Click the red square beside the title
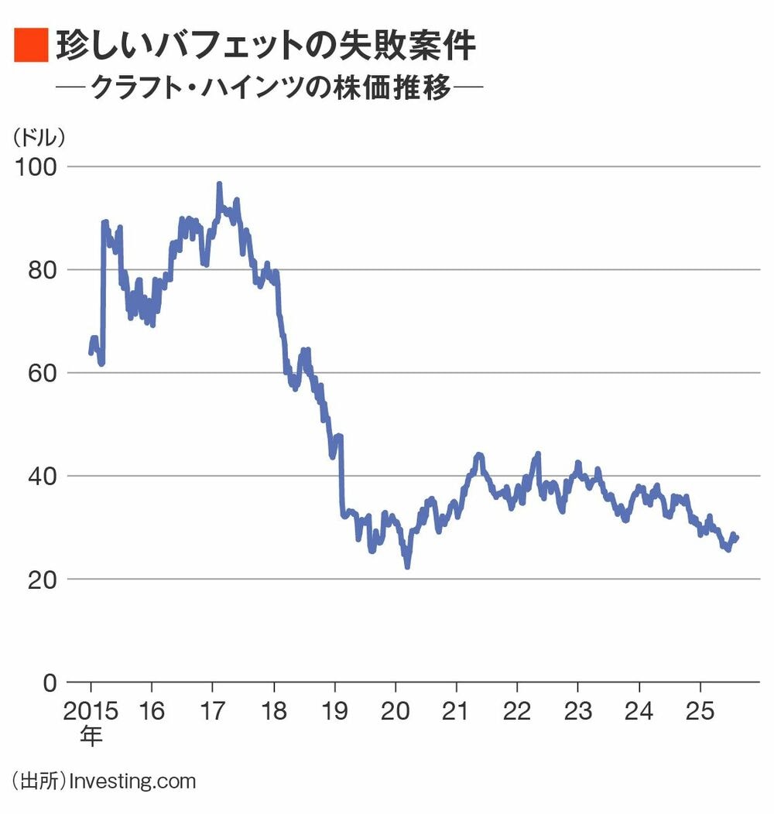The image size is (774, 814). (x=32, y=44)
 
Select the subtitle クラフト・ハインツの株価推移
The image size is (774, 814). (x=271, y=87)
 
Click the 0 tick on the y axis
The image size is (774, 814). (x=50, y=682)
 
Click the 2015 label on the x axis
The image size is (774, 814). (x=91, y=710)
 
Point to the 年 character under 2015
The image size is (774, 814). (x=91, y=735)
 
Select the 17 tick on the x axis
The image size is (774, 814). (x=213, y=710)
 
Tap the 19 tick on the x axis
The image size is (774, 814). (x=334, y=710)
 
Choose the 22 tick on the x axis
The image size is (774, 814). (x=517, y=710)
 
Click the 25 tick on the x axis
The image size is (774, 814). (x=700, y=710)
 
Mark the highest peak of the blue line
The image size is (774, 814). (x=219, y=184)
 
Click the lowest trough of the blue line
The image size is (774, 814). (x=407, y=566)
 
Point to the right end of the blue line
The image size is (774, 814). (x=737, y=537)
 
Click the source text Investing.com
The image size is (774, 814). (x=132, y=781)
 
